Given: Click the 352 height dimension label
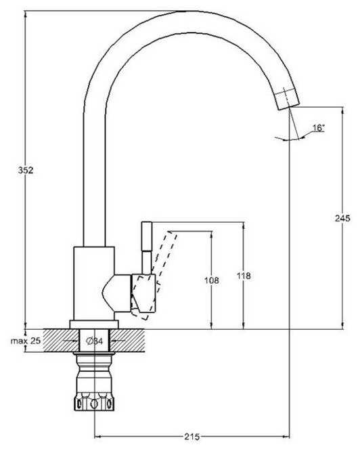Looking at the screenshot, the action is coord(26,170).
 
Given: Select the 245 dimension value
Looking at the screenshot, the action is coord(342,218).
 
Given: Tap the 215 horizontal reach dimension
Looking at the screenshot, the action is coord(192,437).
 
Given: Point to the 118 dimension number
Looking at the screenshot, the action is coord(244,276).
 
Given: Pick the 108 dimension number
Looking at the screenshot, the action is coord(212,280).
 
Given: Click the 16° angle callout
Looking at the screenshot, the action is coord(319,128).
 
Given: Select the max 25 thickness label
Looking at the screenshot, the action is coord(26,341).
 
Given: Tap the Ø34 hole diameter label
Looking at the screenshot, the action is coord(95,341).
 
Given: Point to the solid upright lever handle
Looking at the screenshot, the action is coord(147,248).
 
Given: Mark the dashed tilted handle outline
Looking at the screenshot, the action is coord(154,274).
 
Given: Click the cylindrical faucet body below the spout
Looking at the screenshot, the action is coord(94,284).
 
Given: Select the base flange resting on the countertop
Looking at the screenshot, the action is coord(94,324).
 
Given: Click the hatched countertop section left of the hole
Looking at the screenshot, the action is coord(61,341).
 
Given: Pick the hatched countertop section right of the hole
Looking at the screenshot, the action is coord(128,341).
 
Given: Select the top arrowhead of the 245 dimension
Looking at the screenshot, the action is coord(342,111).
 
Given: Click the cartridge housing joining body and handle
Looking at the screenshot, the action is coord(117,293).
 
